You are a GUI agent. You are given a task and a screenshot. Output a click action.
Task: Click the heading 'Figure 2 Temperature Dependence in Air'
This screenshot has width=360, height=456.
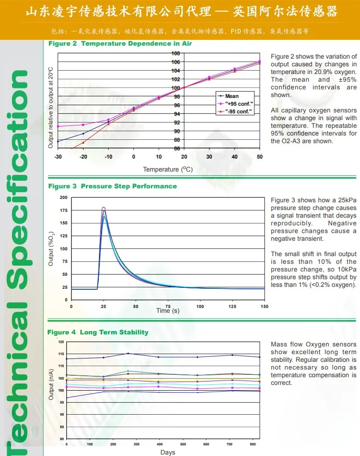click(120, 44)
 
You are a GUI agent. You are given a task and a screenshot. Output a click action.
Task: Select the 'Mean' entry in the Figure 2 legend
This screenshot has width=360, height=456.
click(232, 96)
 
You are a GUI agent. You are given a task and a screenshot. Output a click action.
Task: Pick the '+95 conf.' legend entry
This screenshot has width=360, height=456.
click(239, 104)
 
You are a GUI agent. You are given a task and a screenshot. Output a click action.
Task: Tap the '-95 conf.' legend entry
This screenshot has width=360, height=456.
click(238, 111)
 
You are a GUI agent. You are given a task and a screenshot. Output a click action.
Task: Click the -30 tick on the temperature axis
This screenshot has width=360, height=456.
click(58, 157)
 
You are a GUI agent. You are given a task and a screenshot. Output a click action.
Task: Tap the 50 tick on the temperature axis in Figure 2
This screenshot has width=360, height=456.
click(260, 157)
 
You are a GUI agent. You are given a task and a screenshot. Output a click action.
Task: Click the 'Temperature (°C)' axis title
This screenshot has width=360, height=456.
click(168, 169)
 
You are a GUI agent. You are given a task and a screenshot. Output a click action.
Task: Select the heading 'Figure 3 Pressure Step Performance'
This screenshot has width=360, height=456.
click(112, 186)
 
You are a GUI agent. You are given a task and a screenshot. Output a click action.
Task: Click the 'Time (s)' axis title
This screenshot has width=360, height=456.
click(168, 311)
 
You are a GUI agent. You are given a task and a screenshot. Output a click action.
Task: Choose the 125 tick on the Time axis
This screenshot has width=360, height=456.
click(232, 306)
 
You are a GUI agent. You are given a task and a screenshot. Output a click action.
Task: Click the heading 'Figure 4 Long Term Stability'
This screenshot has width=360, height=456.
click(98, 333)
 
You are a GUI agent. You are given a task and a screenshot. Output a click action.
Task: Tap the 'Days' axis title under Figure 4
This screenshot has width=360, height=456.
click(168, 452)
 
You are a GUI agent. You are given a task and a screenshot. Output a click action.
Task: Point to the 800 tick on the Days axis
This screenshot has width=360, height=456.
click(252, 444)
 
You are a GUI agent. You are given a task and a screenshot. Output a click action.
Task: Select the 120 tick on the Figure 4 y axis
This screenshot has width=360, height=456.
click(61, 342)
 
